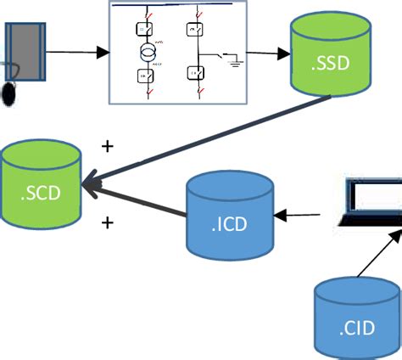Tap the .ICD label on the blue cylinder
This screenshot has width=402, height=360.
[229, 225]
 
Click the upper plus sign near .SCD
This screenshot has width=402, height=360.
[107, 146]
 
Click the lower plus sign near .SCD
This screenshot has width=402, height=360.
[107, 223]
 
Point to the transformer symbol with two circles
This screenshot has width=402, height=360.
[146, 54]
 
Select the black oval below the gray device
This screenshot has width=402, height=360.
[9, 92]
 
